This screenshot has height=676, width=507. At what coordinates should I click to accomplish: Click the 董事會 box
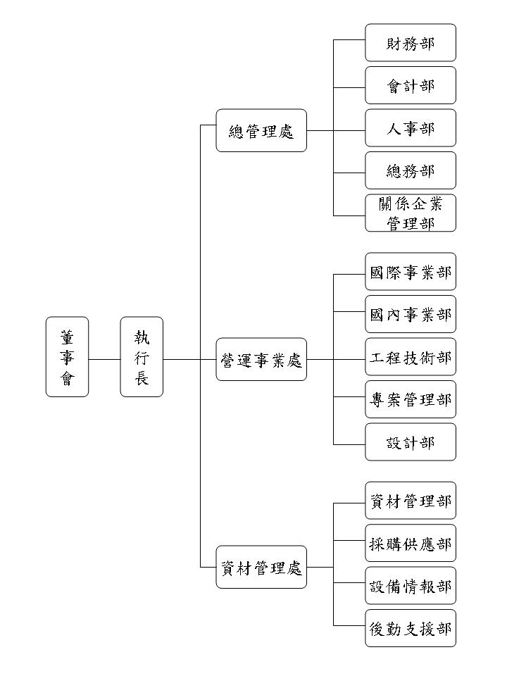(x=68, y=356)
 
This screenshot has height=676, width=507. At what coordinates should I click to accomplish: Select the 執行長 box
(x=142, y=356)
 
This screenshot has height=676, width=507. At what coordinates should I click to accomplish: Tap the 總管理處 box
(x=261, y=130)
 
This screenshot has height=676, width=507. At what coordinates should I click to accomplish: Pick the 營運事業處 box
(x=261, y=359)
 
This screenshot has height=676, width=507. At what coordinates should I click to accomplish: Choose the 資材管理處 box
(x=261, y=567)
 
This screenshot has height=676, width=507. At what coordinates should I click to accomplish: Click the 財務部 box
(x=411, y=43)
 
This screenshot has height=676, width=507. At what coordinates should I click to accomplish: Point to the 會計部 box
(x=411, y=85)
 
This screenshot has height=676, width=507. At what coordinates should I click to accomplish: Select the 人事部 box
(x=411, y=128)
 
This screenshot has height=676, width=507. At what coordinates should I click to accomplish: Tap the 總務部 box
(x=411, y=170)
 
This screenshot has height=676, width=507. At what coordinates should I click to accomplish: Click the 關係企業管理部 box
(x=411, y=213)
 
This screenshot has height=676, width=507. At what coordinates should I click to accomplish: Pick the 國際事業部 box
(x=411, y=272)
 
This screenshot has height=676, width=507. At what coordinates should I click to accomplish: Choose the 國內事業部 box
(x=411, y=314)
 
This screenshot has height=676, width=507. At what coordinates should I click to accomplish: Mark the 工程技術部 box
(x=411, y=357)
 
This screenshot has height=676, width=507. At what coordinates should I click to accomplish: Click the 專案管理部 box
(x=411, y=399)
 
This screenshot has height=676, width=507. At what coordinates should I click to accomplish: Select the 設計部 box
(x=411, y=442)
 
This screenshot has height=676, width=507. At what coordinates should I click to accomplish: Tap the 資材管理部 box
(x=411, y=501)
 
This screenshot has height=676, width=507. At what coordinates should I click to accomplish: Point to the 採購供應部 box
(x=411, y=543)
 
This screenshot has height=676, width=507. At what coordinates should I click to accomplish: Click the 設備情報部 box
(x=411, y=586)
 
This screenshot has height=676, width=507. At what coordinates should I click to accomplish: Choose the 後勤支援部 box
(x=411, y=628)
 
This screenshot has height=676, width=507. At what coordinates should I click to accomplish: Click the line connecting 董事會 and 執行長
(x=105, y=359)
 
